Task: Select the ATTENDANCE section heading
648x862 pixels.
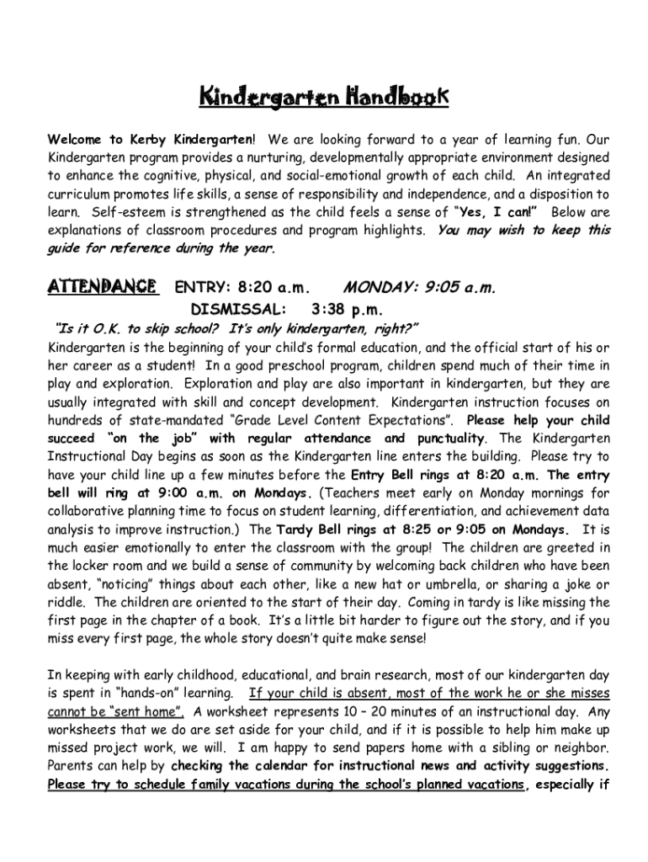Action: [103, 287]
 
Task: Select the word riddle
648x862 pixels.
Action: [68, 603]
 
